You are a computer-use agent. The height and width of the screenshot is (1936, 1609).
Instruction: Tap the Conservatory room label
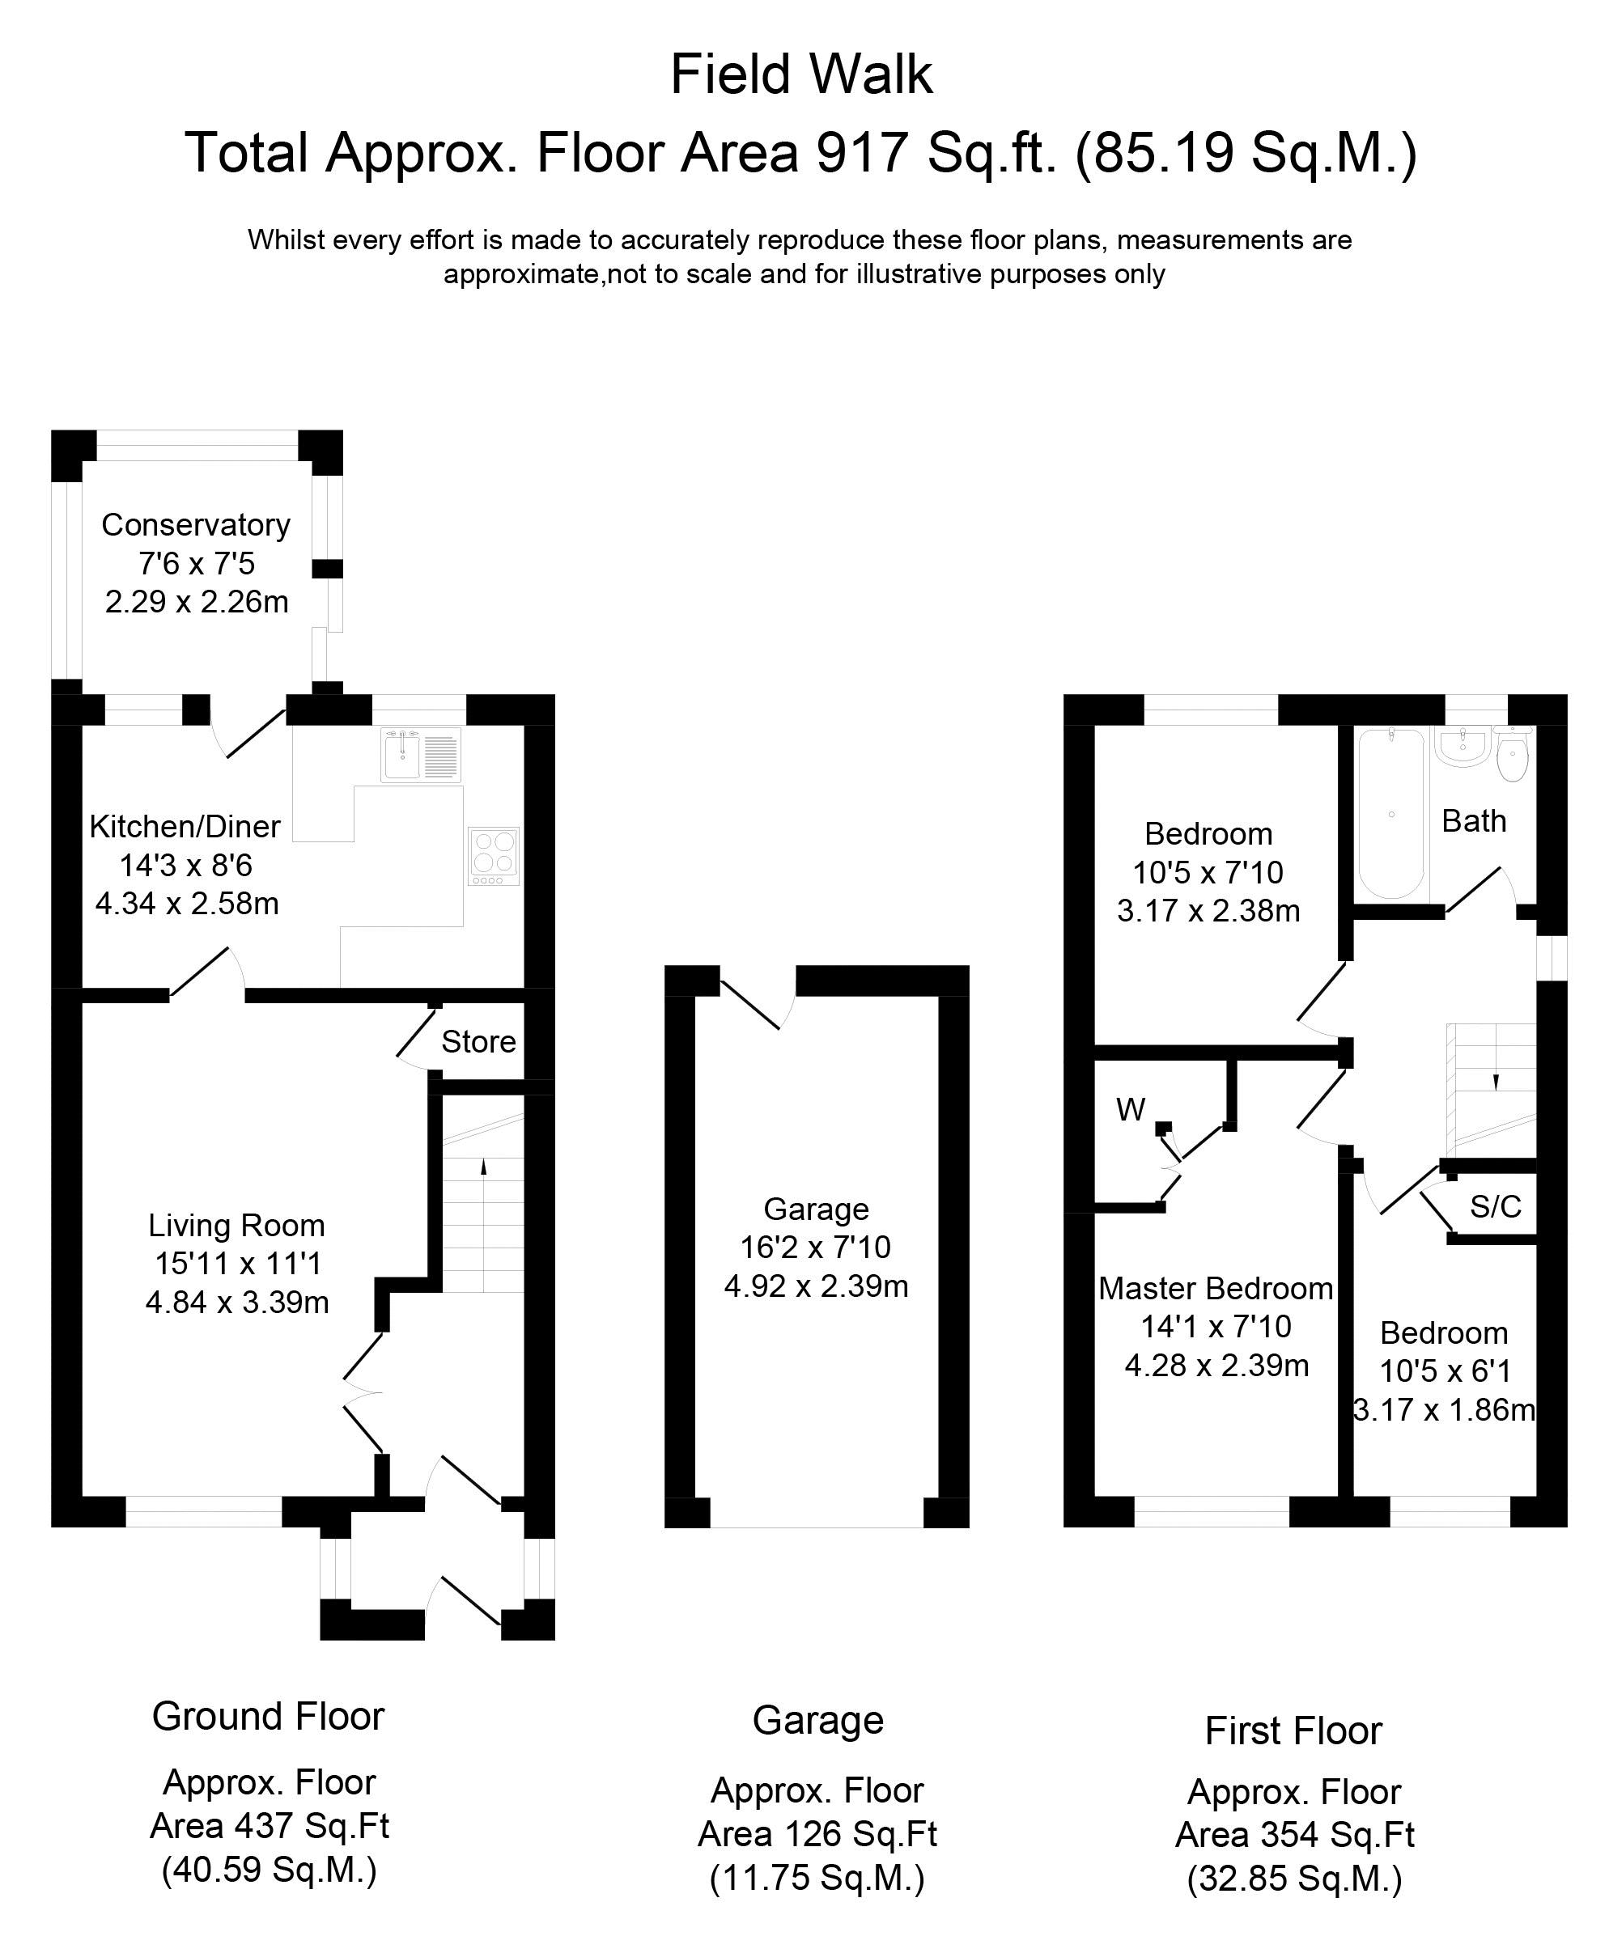click(x=196, y=524)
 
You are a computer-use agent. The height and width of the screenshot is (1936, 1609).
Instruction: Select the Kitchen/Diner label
click(x=185, y=826)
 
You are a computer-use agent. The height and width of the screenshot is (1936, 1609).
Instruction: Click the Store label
click(x=478, y=1042)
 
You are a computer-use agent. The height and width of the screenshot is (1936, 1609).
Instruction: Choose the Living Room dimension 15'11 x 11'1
click(x=237, y=1263)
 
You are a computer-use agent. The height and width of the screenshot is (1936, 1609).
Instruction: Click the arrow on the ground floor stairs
click(x=483, y=1166)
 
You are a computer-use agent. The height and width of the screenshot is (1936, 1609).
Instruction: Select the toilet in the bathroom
click(x=1512, y=756)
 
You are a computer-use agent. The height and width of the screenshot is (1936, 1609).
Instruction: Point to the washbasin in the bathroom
click(x=1463, y=747)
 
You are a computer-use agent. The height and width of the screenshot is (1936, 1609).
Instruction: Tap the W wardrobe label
click(x=1131, y=1109)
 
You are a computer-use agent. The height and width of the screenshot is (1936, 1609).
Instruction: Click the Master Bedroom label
click(x=1216, y=1288)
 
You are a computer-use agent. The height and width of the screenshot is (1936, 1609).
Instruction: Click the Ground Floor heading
click(x=267, y=1717)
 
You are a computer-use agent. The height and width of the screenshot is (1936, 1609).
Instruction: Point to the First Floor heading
click(x=1293, y=1731)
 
